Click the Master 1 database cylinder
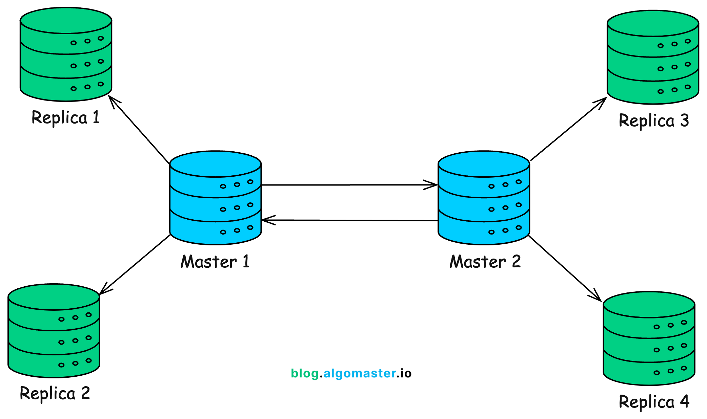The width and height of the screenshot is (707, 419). [x=215, y=198]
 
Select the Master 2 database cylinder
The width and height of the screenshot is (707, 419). [x=484, y=198]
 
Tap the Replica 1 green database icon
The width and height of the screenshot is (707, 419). [x=66, y=54]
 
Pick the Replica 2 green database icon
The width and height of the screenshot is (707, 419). [x=54, y=331]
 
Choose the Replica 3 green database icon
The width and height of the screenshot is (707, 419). [x=653, y=57]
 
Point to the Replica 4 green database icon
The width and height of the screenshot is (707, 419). [x=649, y=338]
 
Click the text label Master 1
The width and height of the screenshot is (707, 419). [x=215, y=262]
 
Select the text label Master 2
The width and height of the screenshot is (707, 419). [x=485, y=262]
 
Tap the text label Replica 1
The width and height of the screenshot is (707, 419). [x=65, y=117]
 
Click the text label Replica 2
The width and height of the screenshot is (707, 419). [x=55, y=393]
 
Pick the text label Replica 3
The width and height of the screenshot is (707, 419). [x=653, y=120]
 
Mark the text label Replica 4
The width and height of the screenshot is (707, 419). [x=654, y=402]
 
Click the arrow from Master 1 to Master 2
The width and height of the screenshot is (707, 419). [x=349, y=185]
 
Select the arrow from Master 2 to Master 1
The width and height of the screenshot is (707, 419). [x=349, y=220]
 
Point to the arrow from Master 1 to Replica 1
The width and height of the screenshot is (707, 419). [x=139, y=130]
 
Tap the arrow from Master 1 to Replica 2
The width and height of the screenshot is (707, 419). [x=135, y=264]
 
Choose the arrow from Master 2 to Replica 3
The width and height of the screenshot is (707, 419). [x=568, y=129]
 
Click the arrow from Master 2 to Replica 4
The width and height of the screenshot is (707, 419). [x=565, y=268]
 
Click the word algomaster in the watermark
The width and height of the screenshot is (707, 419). [x=359, y=373]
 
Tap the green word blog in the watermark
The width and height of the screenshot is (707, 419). [x=304, y=373]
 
